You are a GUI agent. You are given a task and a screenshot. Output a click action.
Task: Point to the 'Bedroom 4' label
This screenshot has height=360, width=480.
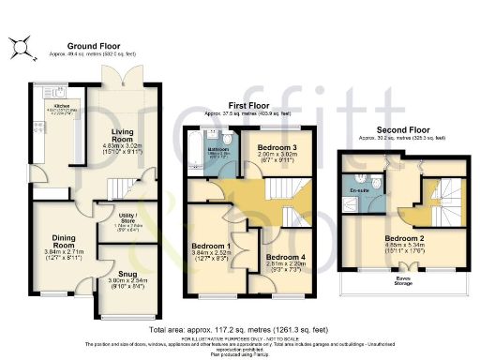click(x=282, y=256)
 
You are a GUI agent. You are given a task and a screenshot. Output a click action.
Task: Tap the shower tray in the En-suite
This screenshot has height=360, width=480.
click(x=355, y=204)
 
